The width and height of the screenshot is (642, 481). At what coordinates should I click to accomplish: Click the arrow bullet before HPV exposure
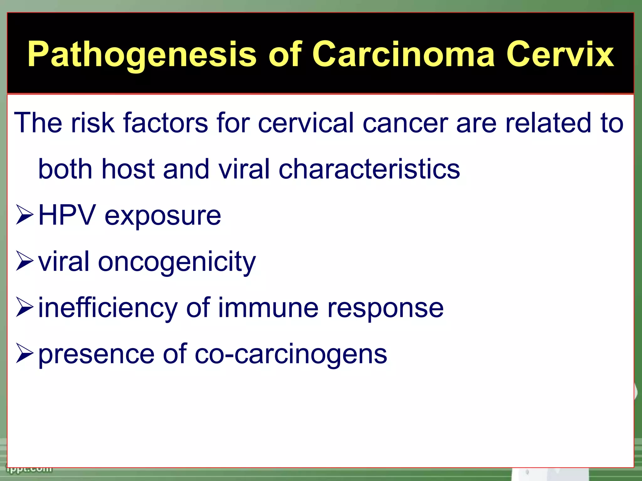pos(24,215)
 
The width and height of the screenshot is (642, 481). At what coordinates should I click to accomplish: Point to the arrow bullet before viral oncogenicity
pos(24,261)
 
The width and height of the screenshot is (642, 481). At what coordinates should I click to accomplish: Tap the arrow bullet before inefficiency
pos(24,308)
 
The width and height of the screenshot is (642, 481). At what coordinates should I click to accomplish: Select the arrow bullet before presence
pos(24,354)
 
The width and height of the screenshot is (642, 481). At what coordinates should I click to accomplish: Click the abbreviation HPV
pos(67,215)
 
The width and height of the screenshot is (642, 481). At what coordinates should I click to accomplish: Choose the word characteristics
pos(369,169)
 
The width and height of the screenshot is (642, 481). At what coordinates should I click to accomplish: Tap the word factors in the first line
pos(166,123)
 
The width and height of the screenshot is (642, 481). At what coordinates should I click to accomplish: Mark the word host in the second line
pos(128,169)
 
